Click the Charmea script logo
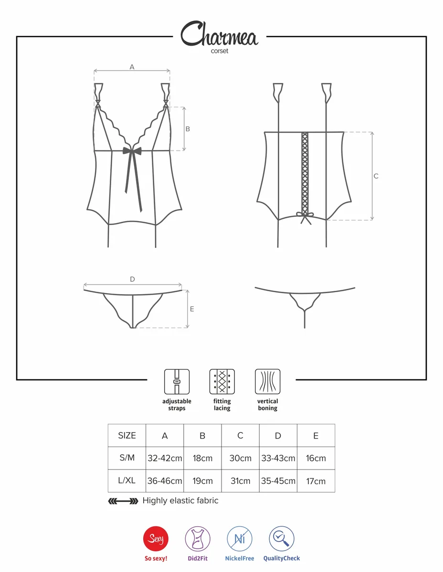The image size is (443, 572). tap(219, 34)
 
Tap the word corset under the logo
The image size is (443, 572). tap(219, 51)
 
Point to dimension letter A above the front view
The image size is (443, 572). tap(132, 67)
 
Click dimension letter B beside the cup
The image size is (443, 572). tap(188, 129)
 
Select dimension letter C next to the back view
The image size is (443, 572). tap(376, 176)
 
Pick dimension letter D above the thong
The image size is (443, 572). tap(132, 279)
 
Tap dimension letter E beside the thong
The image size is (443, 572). tap(192, 309)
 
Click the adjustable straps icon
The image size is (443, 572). tap(177, 381)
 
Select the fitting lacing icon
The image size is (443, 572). tap(222, 381)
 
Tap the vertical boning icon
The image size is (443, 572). tap(267, 381)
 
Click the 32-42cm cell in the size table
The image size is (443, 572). tap(165, 458)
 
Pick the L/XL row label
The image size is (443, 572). tap(127, 480)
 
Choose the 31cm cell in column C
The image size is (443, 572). tap(240, 481)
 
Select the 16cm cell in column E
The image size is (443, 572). tap(316, 458)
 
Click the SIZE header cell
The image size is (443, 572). tap(127, 436)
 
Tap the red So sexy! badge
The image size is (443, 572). tap(156, 539)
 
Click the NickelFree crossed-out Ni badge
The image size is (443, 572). tap(240, 539)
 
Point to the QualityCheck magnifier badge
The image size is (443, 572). tap(282, 539)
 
